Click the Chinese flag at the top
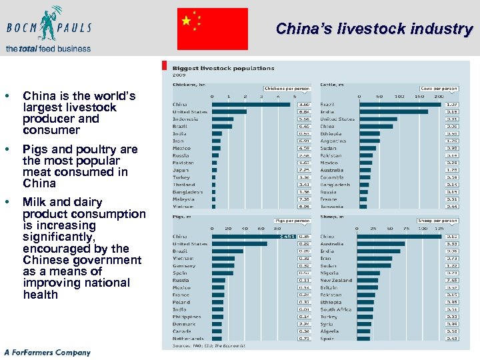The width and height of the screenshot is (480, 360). (212, 29)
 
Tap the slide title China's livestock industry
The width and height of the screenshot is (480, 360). (374, 29)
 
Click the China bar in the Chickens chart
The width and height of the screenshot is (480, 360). (251, 105)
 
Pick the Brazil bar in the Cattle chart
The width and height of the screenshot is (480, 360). (401, 105)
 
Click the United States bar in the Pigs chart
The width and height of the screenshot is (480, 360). (239, 244)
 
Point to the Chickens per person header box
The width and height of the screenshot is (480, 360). (287, 88)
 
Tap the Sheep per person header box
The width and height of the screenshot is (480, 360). (437, 221)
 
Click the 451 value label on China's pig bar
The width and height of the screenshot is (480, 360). (287, 237)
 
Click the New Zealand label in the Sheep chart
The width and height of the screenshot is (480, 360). (336, 281)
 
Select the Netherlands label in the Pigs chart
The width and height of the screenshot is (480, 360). (187, 339)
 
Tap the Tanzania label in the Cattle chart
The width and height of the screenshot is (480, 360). (331, 207)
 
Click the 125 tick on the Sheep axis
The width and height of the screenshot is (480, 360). (439, 229)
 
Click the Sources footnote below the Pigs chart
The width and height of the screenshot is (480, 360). (209, 346)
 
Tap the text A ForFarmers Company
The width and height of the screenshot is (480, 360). (47, 352)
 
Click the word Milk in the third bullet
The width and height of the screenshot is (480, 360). (35, 202)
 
